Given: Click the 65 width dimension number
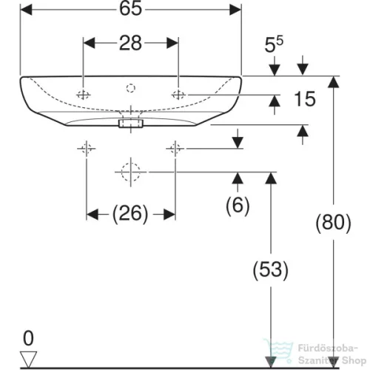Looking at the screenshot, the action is click(131, 9).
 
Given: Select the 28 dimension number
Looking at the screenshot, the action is click(130, 43).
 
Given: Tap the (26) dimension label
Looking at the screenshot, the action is click(130, 214).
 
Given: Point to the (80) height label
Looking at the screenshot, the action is click(333, 223).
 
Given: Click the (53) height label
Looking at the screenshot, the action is click(271, 270).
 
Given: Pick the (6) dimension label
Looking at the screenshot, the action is click(238, 206).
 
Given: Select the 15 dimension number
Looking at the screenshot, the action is click(305, 99).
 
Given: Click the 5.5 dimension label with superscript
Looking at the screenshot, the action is click(274, 44).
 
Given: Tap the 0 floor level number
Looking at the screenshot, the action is click(28, 338).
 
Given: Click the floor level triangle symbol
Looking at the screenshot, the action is click(28, 359).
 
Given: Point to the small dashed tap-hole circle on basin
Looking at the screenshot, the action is click(131, 88).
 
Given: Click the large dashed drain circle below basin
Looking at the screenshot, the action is click(131, 172).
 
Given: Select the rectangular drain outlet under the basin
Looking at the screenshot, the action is click(131, 123).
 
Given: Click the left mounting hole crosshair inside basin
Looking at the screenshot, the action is click(83, 95).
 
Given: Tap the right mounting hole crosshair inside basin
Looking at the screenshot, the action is click(178, 95).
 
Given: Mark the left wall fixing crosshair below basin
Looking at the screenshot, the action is click(87, 149).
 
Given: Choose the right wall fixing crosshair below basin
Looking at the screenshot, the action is click(175, 149).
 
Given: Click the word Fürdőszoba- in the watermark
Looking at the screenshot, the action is click(328, 349).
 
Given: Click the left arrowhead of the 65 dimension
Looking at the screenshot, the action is click(26, 10).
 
